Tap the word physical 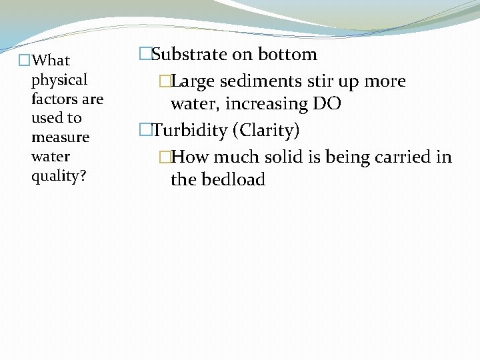click(x=59, y=80)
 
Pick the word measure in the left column click(x=60, y=137)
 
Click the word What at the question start click(x=51, y=61)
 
